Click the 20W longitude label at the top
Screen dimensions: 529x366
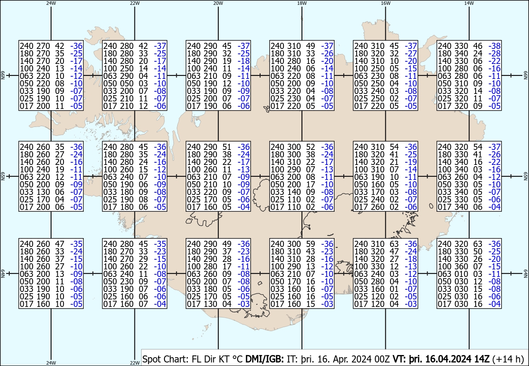tap(218, 3)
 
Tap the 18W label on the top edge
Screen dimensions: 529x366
tap(302, 3)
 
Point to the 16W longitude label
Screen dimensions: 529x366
tap(385, 3)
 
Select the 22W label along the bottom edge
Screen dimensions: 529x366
tap(134, 362)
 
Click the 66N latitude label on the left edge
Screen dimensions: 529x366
tap(3, 75)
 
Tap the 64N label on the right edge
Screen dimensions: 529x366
tap(525, 273)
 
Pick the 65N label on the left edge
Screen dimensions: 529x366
tap(3, 176)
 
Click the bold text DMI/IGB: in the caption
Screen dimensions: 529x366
tap(264, 359)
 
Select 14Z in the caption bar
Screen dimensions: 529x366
tap(482, 359)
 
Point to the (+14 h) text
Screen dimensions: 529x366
tap(508, 359)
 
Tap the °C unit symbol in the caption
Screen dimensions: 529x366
tap(238, 359)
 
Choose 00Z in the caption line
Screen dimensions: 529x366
tap(382, 359)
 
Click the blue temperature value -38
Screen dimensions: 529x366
tap(495, 46)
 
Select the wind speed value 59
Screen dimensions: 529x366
tap(310, 244)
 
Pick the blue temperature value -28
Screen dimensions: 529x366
tap(495, 53)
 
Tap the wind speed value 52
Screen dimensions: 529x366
tap(310, 147)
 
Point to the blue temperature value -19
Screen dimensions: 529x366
tap(411, 162)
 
